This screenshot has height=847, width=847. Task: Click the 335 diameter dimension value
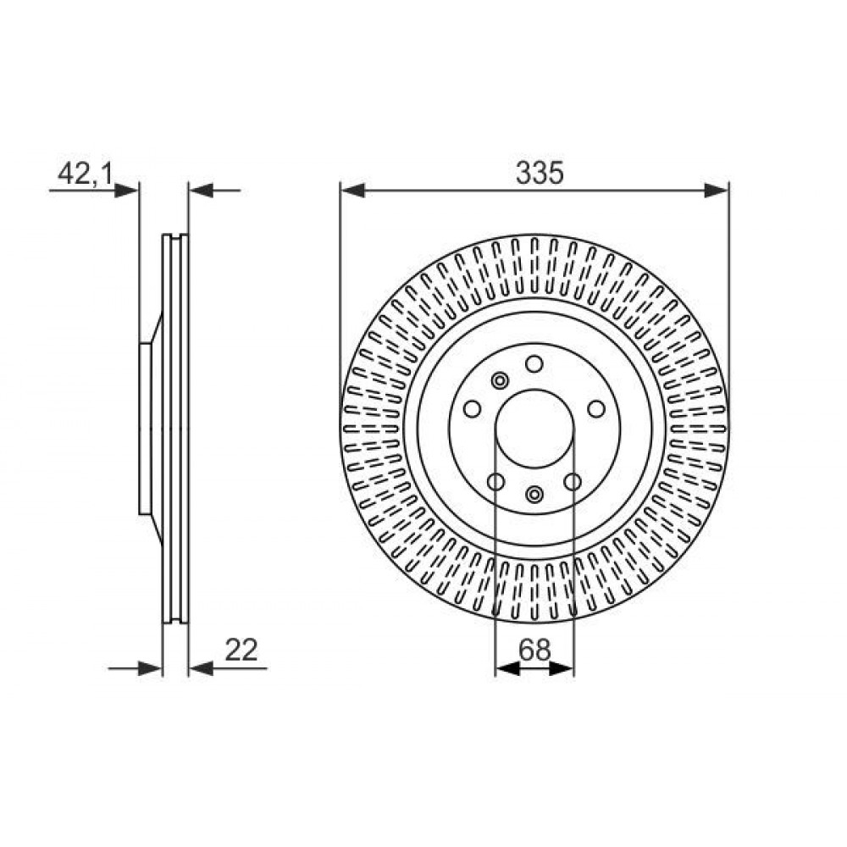(539, 173)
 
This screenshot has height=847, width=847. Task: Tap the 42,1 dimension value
(85, 174)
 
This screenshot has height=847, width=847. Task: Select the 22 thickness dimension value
(241, 650)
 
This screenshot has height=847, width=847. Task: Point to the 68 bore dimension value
(534, 650)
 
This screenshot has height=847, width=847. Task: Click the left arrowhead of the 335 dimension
(353, 190)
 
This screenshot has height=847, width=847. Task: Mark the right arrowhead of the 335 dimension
(717, 190)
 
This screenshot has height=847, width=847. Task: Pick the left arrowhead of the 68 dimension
(507, 669)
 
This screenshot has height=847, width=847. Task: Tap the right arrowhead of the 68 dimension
(562, 669)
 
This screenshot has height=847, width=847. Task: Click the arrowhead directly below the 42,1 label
(127, 191)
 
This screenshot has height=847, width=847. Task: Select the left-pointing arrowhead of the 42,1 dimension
(201, 190)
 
